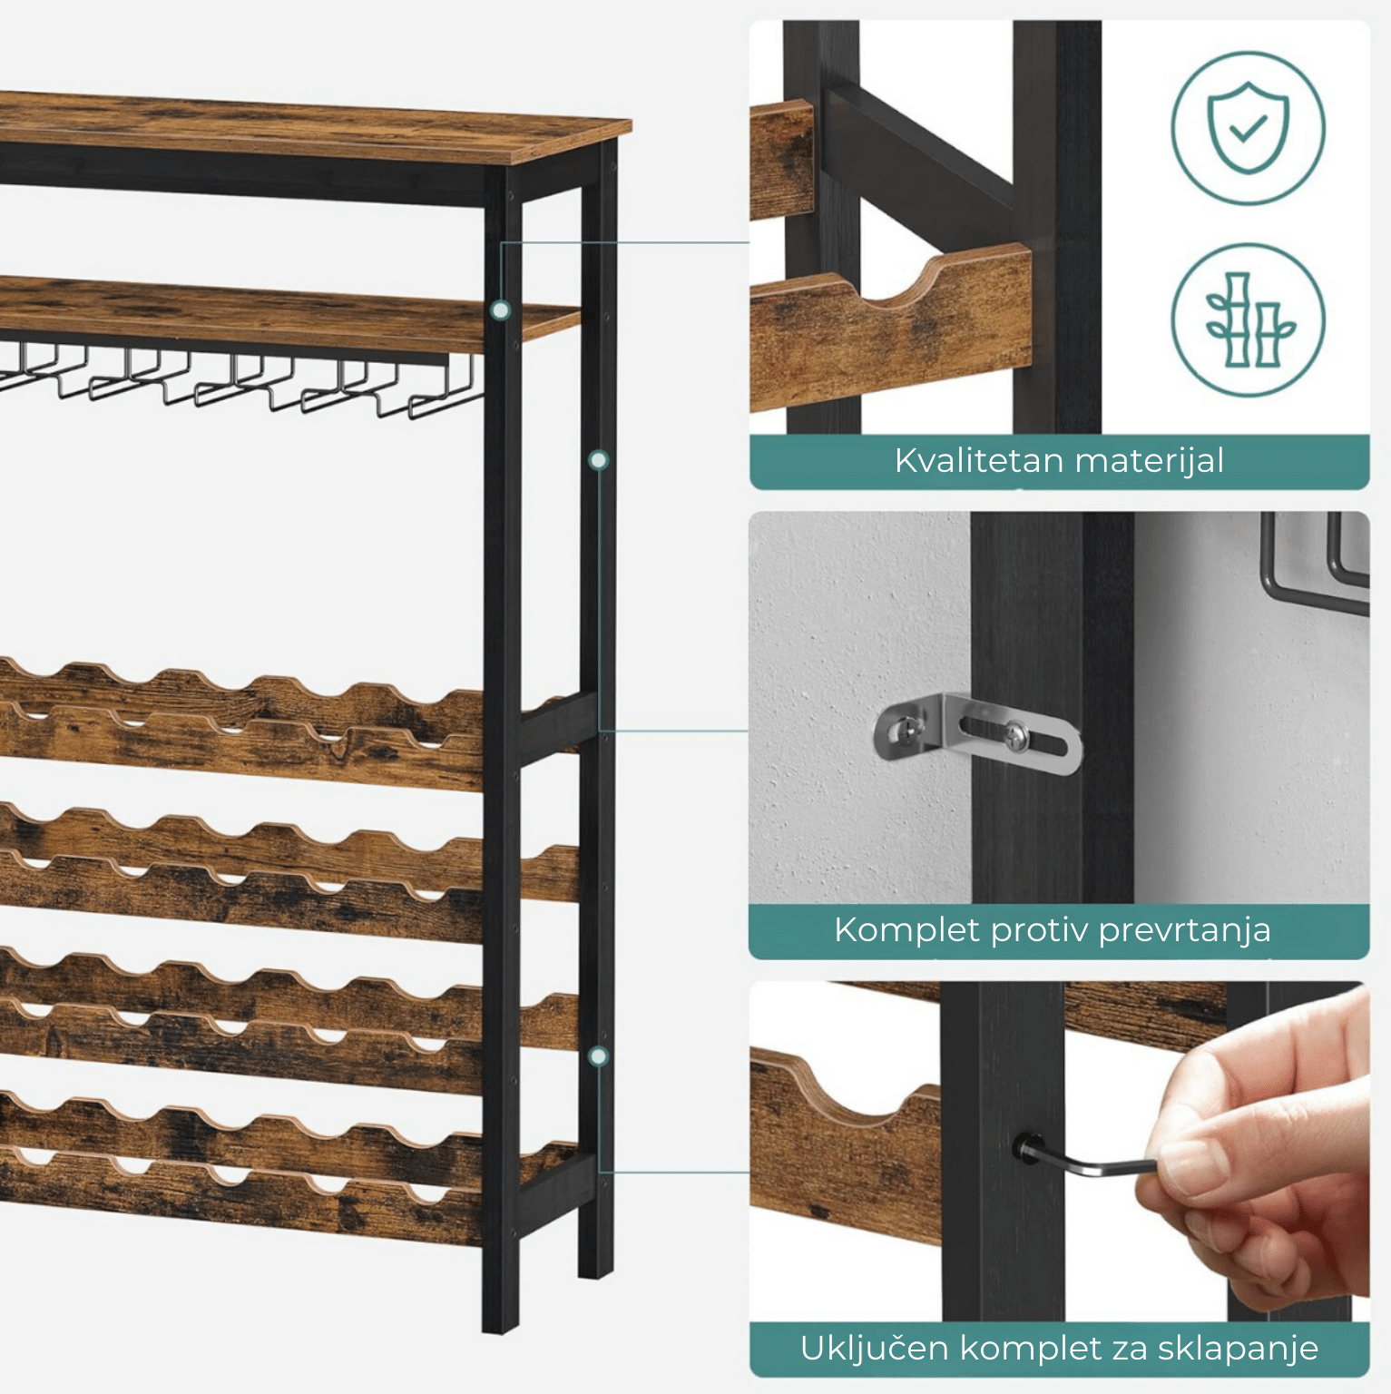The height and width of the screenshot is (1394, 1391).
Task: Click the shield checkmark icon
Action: pos(1248,128)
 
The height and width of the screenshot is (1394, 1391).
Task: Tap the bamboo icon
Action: pos(1248,320)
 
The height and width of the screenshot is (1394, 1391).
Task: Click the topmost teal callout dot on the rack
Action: pos(500,310)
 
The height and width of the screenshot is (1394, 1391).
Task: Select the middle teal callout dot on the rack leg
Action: pos(598,461)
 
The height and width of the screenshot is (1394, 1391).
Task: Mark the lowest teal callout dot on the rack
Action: pos(598,1056)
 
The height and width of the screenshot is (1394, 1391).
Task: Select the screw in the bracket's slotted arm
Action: pos(1017,736)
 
